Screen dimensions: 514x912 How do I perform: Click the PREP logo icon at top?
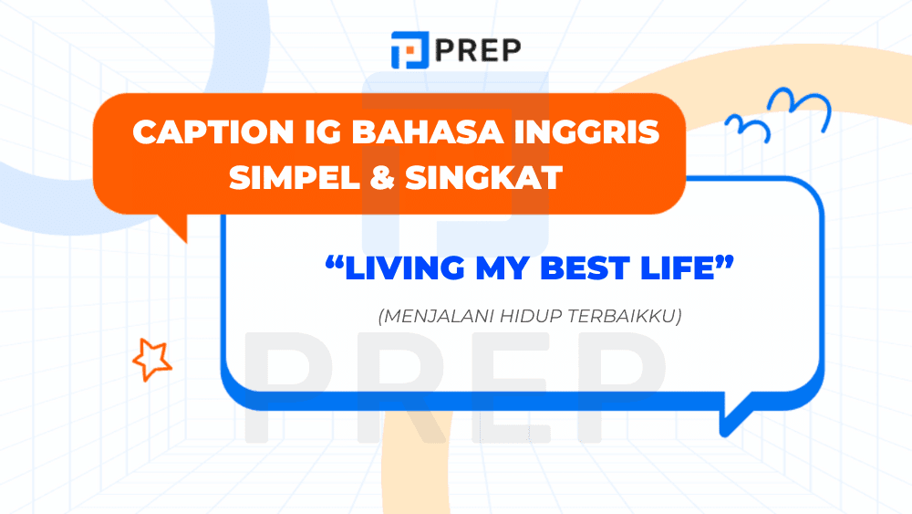[x=407, y=49]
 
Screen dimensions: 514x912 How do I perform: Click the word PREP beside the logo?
[x=478, y=50]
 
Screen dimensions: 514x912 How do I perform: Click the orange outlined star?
[x=151, y=359]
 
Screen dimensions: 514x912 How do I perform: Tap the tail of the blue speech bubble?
[x=733, y=415]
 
